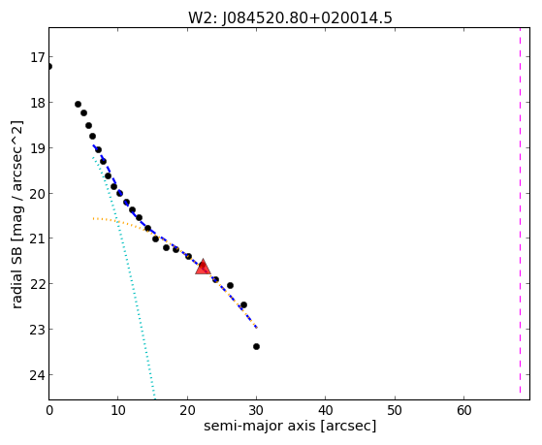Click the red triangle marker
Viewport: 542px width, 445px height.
(203, 267)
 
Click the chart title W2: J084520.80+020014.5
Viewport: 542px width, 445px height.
(290, 17)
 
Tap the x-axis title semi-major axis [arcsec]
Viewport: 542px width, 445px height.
(290, 426)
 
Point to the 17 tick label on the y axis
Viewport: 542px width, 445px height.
(37, 57)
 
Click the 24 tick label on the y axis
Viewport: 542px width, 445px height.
(37, 375)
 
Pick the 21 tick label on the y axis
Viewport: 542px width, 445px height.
(37, 238)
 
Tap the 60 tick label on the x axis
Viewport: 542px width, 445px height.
(463, 410)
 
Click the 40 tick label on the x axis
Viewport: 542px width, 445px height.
(326, 410)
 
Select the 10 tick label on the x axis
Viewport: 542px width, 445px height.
(118, 410)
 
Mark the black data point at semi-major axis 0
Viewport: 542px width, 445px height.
(49, 66)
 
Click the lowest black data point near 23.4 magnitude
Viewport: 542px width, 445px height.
(256, 346)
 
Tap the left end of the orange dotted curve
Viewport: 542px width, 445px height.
(93, 218)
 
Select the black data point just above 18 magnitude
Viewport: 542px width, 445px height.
(78, 104)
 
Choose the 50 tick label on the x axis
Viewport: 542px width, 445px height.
(395, 410)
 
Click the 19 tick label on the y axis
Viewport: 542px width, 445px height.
(37, 148)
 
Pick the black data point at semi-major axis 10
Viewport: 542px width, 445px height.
(119, 193)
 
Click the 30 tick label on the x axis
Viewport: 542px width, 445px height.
(257, 410)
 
